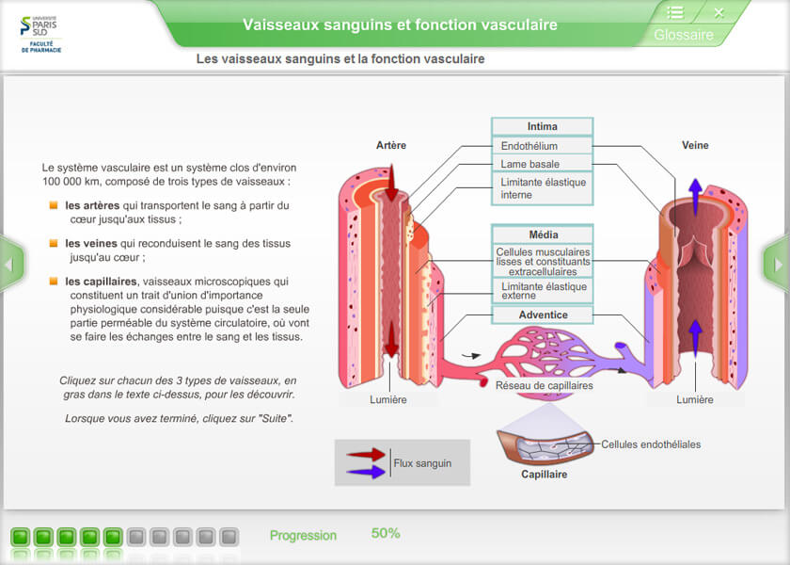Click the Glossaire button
click(684, 35)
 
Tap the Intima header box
click(542, 127)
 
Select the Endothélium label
click(529, 146)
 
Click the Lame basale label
click(530, 164)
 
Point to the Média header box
click(542, 234)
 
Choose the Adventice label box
click(542, 315)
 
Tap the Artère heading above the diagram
click(391, 145)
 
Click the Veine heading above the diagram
click(695, 145)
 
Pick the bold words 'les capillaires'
click(101, 281)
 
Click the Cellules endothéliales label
click(651, 444)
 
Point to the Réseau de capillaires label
click(545, 384)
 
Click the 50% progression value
click(386, 533)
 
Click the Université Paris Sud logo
click(39, 34)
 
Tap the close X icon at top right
click(719, 12)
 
